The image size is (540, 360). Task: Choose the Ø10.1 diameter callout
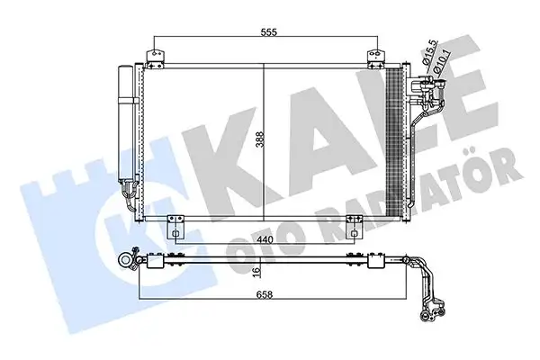(445, 67)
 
